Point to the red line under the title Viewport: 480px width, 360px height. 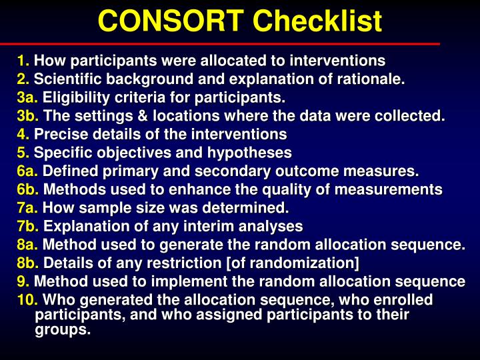point(240,43)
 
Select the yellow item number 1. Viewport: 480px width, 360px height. point(23,61)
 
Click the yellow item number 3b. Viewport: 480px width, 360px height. point(28,116)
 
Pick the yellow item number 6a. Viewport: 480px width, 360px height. point(28,171)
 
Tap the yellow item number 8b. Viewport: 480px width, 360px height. point(28,262)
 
